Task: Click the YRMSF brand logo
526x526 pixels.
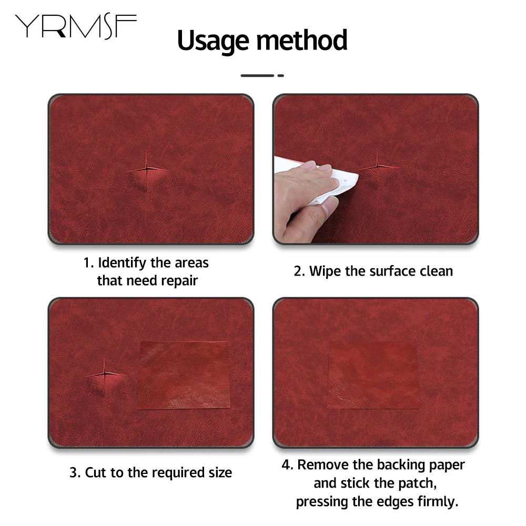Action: click(x=75, y=26)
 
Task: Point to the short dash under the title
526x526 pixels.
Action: click(x=281, y=76)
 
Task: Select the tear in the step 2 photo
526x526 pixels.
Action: click(x=377, y=167)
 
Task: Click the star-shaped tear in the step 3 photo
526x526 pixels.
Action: click(x=105, y=373)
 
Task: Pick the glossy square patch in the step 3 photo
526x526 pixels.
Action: click(x=184, y=375)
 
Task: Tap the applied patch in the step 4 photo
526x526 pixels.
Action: click(x=373, y=375)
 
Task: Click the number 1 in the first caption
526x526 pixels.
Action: click(x=87, y=262)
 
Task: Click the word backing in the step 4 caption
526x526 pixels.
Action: click(x=403, y=465)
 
